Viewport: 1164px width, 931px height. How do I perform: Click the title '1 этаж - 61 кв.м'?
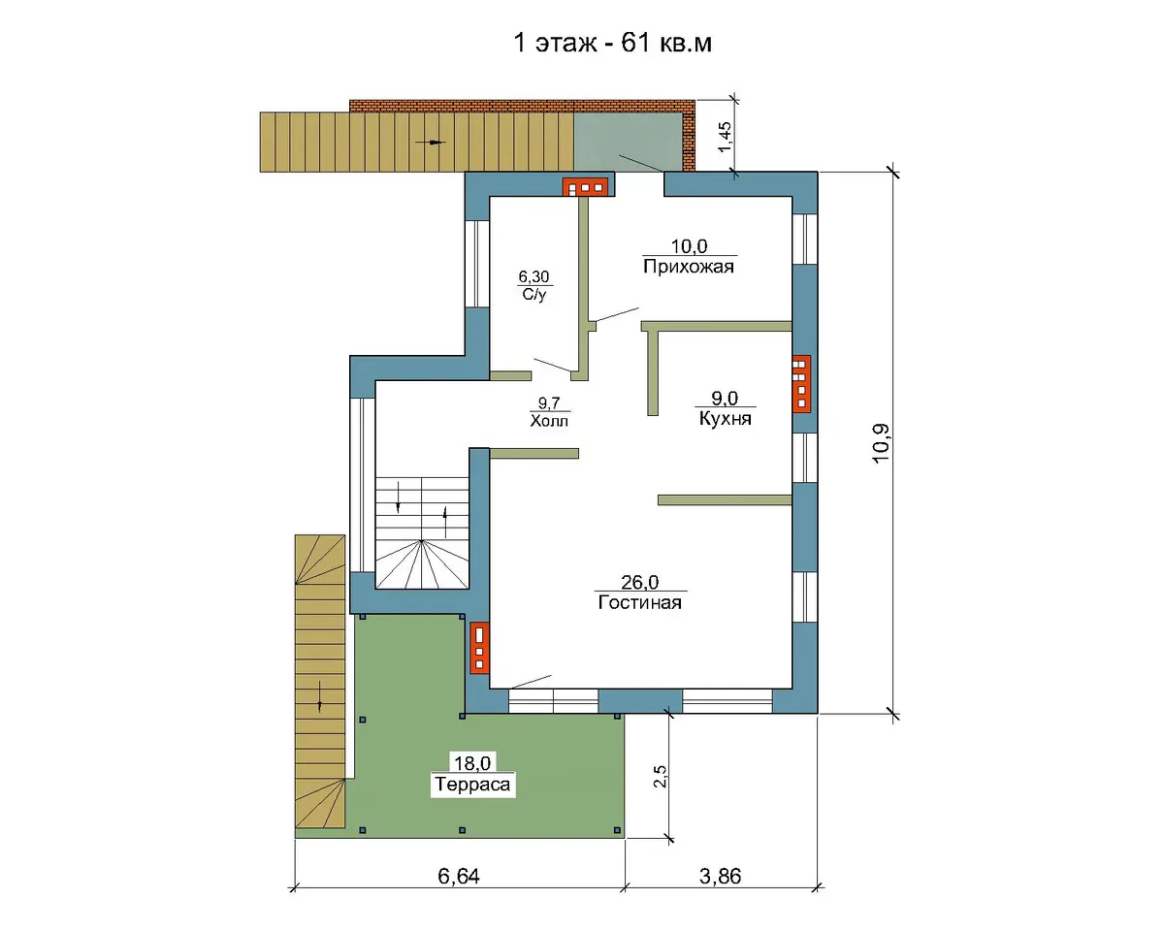point(612,43)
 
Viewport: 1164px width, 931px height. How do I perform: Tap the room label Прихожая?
point(688,267)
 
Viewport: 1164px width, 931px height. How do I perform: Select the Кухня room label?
point(725,418)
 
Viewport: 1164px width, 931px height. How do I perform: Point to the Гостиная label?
point(639,602)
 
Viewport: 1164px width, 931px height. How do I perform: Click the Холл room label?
point(549,420)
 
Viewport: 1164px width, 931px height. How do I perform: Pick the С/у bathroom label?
point(533,294)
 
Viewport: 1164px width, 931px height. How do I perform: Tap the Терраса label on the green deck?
point(472,784)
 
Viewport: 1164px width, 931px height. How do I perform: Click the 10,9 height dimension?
point(880,443)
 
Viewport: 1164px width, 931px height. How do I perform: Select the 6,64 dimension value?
point(459,876)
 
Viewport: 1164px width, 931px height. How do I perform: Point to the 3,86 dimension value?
point(720,876)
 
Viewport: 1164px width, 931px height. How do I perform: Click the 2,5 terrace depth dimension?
point(660,776)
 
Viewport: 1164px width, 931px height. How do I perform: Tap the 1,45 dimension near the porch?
point(725,137)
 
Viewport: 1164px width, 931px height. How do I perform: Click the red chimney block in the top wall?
point(585,186)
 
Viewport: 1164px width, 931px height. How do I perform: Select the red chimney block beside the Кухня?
point(801,383)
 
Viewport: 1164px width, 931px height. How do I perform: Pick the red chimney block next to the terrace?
point(479,648)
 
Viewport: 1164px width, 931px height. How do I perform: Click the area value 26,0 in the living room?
point(639,582)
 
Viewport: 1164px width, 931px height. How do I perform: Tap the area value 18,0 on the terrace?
point(472,763)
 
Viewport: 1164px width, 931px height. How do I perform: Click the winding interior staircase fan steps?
point(422,563)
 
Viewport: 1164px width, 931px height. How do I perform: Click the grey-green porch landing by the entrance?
point(628,143)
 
